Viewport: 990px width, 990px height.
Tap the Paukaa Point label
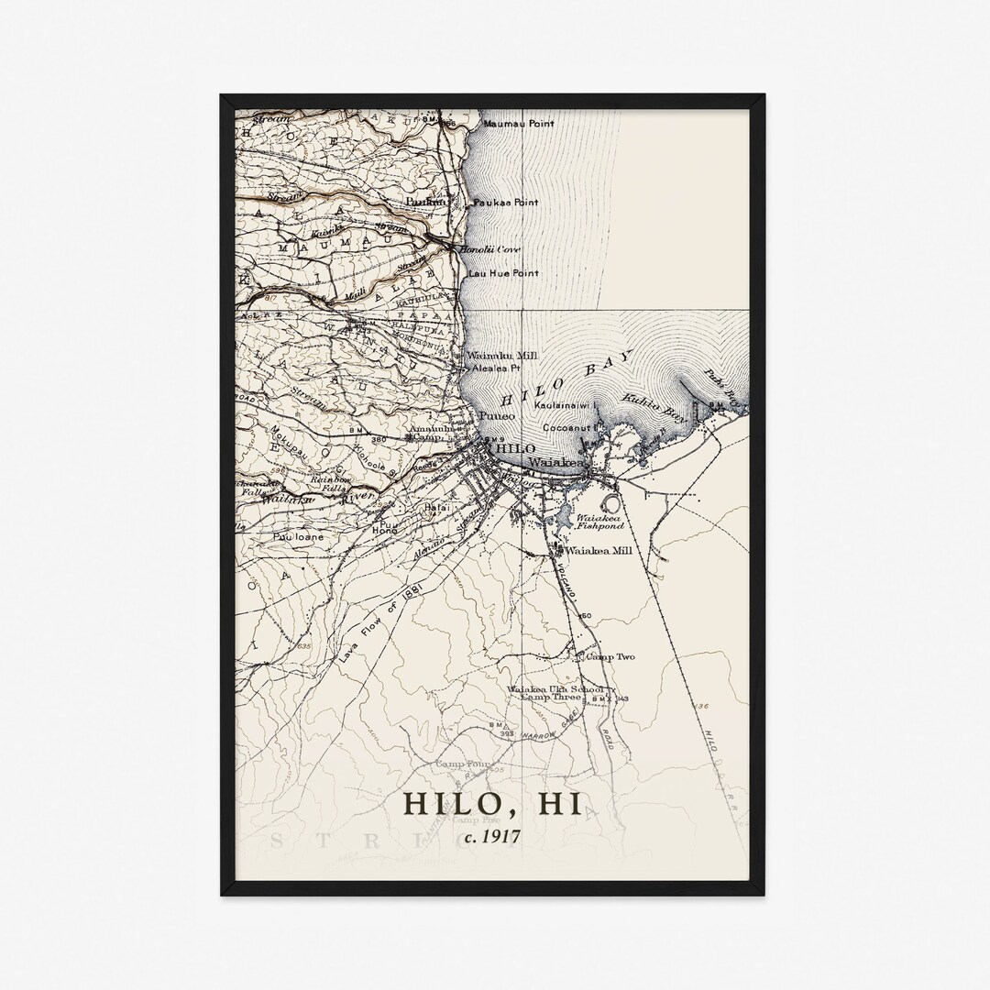coord(506,202)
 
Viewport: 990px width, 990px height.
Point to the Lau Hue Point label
coord(503,273)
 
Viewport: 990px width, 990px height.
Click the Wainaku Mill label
coord(501,356)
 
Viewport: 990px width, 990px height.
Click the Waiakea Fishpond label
coord(599,522)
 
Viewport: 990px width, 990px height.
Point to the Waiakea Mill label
coord(598,551)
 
